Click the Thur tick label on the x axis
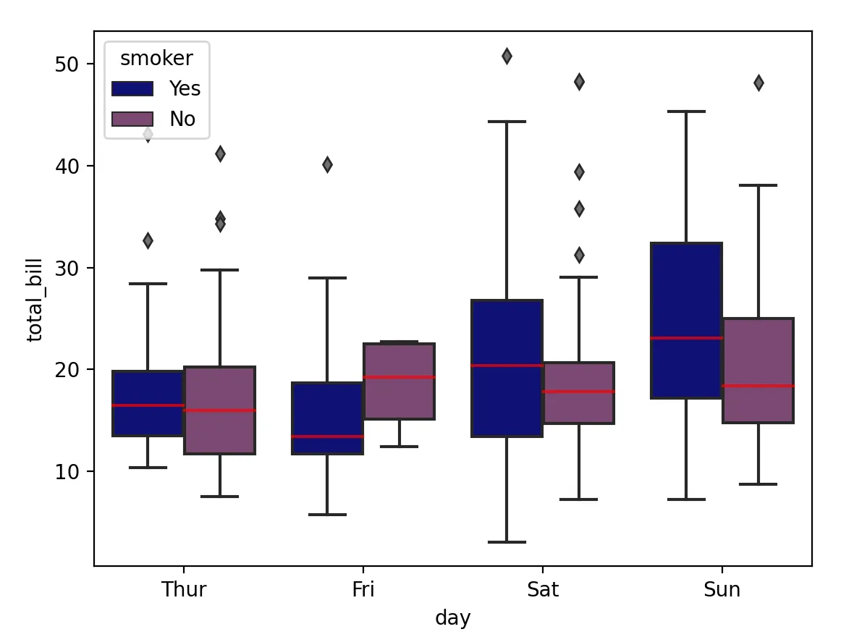(184, 589)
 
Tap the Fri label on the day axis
(363, 589)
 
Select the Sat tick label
(543, 589)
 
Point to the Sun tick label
(722, 589)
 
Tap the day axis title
(453, 618)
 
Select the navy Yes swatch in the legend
(132, 88)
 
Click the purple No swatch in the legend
(132, 119)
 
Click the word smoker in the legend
(156, 58)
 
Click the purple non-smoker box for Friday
(399, 398)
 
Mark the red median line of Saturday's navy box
(507, 366)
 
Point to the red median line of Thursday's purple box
(219, 410)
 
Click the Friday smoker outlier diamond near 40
(327, 165)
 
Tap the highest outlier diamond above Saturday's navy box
(507, 56)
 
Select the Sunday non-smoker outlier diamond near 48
(758, 83)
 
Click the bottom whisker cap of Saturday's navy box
(507, 542)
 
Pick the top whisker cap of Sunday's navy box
(686, 111)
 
